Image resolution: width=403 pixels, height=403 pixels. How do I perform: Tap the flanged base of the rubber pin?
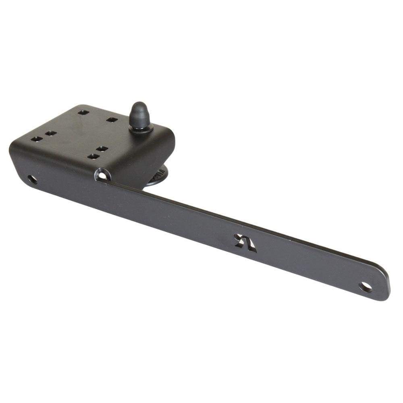tap(141, 128)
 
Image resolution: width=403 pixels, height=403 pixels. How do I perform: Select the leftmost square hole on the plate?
tap(36, 139)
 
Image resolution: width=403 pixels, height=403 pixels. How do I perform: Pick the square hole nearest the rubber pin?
tap(112, 120)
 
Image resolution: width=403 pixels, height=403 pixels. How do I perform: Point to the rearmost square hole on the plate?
tap(83, 112)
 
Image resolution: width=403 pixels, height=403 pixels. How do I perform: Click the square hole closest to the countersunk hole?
tap(93, 156)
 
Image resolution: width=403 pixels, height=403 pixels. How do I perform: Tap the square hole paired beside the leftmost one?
tap(50, 133)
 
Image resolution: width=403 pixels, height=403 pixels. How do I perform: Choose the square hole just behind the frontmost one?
tap(102, 149)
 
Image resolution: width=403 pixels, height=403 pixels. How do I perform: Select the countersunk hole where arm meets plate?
tap(102, 175)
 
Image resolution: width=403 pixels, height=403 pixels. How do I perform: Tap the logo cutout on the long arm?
tap(245, 243)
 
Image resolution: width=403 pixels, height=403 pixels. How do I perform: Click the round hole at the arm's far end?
tap(365, 287)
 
